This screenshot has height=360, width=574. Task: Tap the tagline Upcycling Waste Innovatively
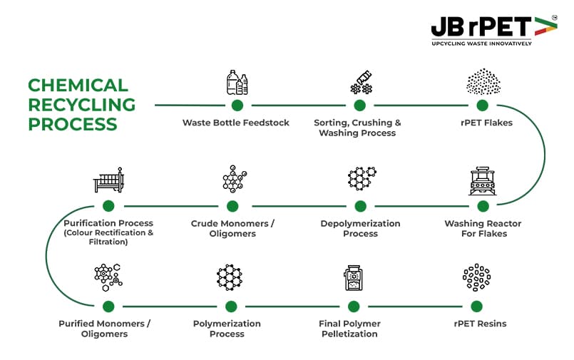pyautogui.click(x=481, y=43)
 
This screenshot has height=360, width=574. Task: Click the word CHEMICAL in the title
pyautogui.click(x=78, y=86)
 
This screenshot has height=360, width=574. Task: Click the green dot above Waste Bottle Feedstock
pyautogui.click(x=237, y=106)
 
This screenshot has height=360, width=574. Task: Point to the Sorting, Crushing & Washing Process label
pyautogui.click(x=357, y=128)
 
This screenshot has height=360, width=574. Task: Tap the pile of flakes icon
pyautogui.click(x=483, y=82)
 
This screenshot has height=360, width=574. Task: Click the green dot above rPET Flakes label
pyautogui.click(x=483, y=106)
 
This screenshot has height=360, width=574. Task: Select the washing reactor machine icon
pyautogui.click(x=483, y=181)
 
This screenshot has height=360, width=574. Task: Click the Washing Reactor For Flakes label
pyautogui.click(x=483, y=228)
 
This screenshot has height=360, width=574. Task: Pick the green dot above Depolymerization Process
pyautogui.click(x=360, y=206)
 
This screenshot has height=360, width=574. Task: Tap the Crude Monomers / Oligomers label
pyautogui.click(x=232, y=228)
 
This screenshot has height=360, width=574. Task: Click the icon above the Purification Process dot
pyautogui.click(x=108, y=180)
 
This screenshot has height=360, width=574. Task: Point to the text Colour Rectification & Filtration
pyautogui.click(x=108, y=237)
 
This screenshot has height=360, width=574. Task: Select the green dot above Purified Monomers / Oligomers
pyautogui.click(x=108, y=307)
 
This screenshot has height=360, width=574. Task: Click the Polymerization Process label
pyautogui.click(x=227, y=329)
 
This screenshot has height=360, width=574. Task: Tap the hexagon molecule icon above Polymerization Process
pyautogui.click(x=230, y=277)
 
